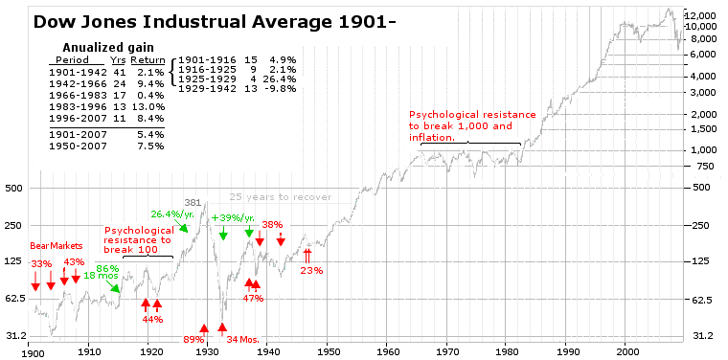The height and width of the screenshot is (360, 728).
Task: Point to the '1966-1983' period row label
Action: (77, 95)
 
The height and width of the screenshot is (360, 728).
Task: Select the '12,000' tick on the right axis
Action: (703, 16)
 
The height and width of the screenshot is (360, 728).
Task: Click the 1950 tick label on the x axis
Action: (328, 350)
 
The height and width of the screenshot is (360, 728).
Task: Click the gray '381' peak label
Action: (193, 202)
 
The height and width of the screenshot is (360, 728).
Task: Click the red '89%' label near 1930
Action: (193, 339)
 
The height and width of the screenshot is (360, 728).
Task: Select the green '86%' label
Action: (107, 268)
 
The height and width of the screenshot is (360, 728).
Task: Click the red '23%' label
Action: (311, 270)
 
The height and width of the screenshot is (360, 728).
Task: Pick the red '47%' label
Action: (253, 298)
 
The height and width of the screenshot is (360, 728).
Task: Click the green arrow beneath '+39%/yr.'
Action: (223, 235)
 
